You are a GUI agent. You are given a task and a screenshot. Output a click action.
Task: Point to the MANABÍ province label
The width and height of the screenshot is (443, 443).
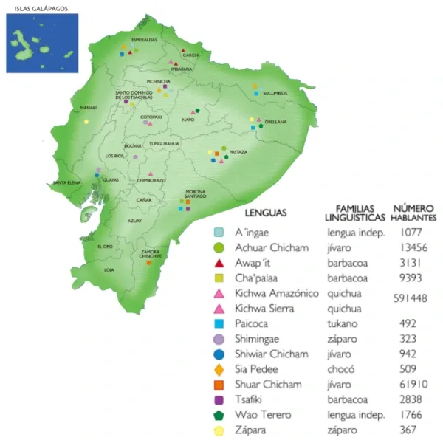pos(89,108)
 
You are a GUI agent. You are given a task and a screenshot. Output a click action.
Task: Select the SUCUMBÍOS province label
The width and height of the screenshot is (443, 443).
pos(274,93)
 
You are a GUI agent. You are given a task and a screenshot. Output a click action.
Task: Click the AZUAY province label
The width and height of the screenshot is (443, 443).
pos(134,221)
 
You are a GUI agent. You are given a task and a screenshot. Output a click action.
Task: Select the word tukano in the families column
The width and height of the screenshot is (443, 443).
pos(343,324)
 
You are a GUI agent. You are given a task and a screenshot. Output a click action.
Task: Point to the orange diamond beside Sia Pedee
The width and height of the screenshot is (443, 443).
pos(219,369)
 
